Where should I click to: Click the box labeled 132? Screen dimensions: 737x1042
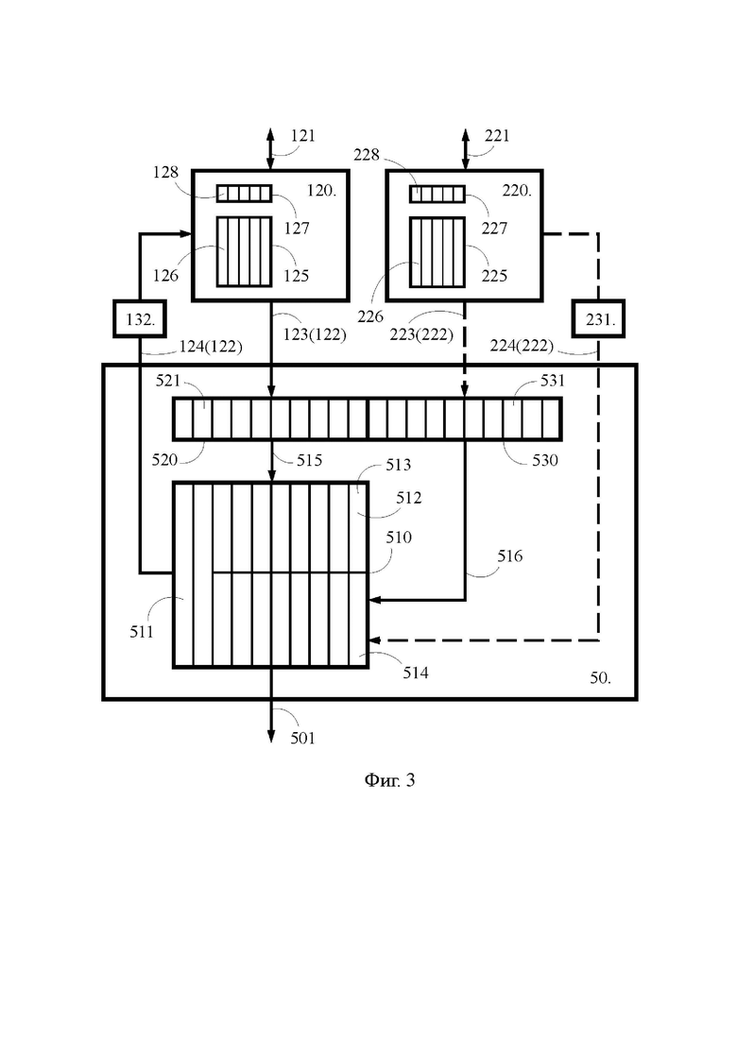coord(140,319)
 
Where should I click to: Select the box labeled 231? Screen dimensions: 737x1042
coord(598,319)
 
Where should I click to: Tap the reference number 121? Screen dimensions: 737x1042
coord(303,136)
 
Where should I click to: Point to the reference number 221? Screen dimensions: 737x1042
coord(497,136)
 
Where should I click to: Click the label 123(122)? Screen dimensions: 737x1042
coord(315,334)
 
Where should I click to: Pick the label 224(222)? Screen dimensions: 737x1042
coord(522,346)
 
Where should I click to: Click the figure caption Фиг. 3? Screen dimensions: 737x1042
coord(389,779)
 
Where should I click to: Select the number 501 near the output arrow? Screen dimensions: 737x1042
coord(302,738)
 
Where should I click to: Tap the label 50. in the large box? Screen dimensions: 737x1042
coord(601,678)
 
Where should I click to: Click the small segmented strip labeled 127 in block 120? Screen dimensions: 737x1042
coord(245,194)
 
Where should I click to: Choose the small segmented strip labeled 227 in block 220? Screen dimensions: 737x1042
coord(437,194)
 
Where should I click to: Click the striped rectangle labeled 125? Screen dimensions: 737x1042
coord(245,252)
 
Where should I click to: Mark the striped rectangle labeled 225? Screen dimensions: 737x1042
coord(437,252)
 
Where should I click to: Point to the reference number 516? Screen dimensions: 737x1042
coord(509,556)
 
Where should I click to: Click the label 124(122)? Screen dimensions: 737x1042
coord(211,346)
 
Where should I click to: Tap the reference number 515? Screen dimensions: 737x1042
coord(309,460)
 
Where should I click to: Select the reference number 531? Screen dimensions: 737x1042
coord(552,380)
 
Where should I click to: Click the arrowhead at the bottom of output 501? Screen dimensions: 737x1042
coord(271,736)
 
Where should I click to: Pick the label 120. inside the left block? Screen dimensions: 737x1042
coord(321,191)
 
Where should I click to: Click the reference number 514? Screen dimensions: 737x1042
coord(416,673)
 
